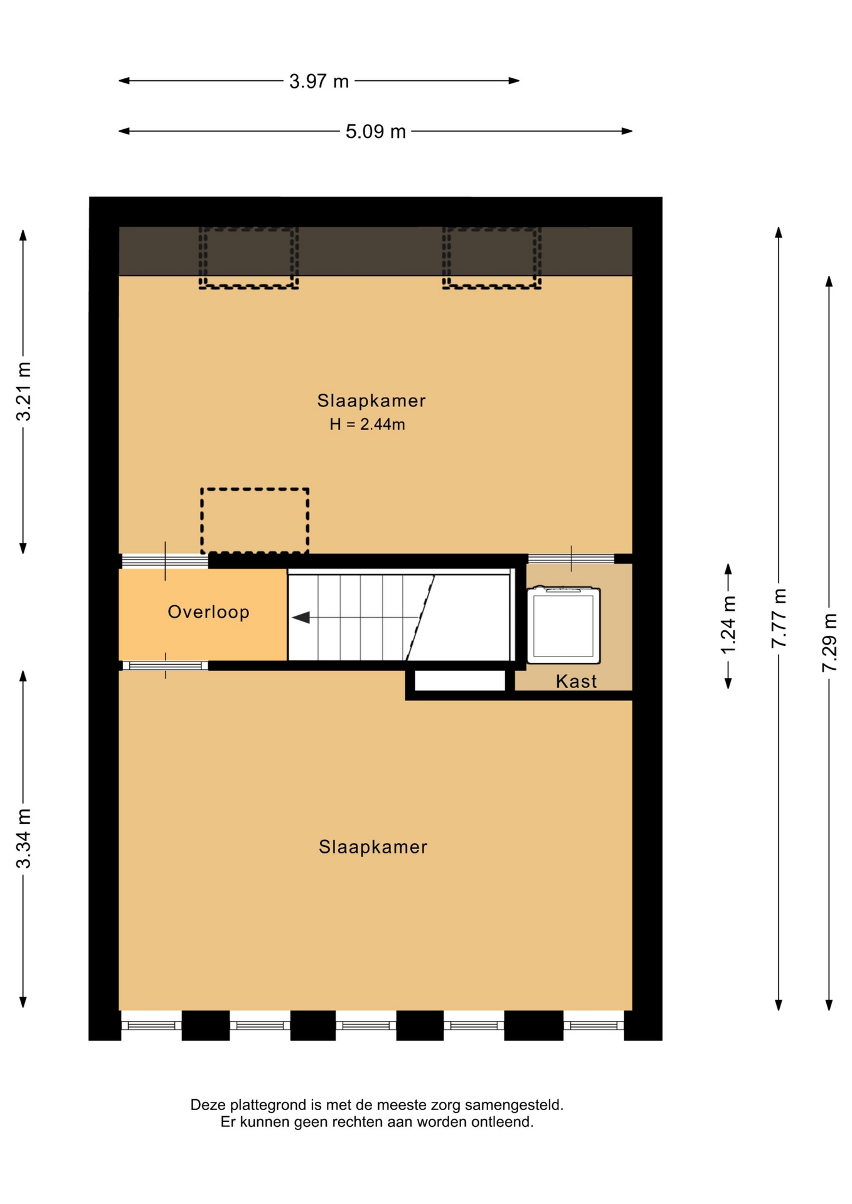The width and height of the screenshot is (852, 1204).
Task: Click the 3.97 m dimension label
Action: coord(319,82)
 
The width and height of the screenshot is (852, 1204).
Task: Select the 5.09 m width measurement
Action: coord(376,132)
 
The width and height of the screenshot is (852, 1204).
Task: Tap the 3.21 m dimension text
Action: coord(24,391)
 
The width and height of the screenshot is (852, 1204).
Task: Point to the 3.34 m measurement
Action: coord(24,838)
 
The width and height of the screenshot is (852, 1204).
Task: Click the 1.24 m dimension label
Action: coord(728,625)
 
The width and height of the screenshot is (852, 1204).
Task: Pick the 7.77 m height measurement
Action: coord(779,618)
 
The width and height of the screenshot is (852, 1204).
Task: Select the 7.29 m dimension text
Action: coord(829,643)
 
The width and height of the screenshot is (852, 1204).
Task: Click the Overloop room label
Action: coord(208,612)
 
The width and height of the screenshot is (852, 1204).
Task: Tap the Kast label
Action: coord(576,681)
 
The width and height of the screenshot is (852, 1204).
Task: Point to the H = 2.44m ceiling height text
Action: coord(368,425)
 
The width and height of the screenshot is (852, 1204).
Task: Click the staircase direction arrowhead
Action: coord(301,618)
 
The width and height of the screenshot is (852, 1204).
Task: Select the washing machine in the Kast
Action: coord(563,625)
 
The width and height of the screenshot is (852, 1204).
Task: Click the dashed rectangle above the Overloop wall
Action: coord(255,489)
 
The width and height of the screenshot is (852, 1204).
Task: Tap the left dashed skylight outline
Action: coord(248,287)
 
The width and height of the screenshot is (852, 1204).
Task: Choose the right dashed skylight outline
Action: coord(492,287)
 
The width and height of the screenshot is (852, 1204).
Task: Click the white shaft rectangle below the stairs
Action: coord(460,681)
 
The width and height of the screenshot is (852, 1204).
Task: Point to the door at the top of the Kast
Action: coord(571,559)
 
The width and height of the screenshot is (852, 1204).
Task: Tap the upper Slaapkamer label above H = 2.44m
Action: coord(371,401)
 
